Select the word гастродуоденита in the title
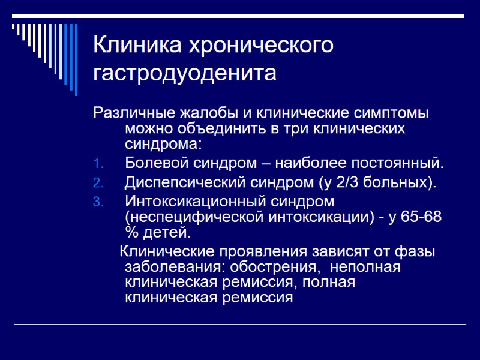point(185,74)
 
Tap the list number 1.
point(99,164)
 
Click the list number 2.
point(99,182)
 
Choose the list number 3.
point(99,201)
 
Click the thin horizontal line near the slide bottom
point(240,325)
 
